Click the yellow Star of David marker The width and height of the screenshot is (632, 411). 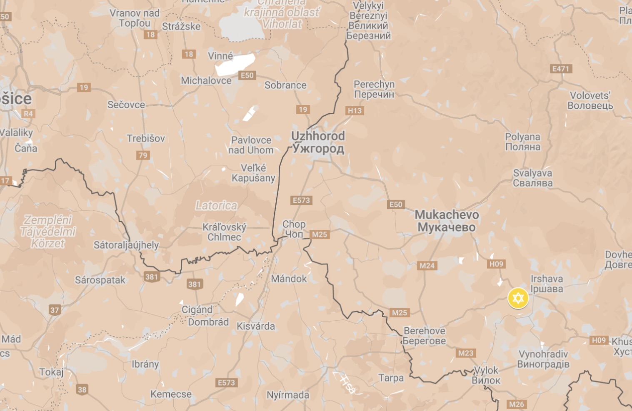[518, 298]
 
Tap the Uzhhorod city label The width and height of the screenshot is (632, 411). [318, 142]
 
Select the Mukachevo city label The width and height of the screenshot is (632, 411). [447, 221]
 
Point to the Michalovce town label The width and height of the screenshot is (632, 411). [206, 80]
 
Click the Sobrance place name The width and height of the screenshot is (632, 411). [285, 85]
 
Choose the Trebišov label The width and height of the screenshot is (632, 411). [146, 138]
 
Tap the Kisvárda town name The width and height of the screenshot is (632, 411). [256, 326]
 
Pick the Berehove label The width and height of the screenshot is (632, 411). [424, 336]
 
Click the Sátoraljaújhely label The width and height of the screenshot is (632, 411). [126, 245]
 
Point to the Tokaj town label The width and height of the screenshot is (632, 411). [51, 372]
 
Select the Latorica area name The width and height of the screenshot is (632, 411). [216, 205]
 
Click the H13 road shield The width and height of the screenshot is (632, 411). [355, 111]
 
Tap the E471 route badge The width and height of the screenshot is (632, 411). [560, 69]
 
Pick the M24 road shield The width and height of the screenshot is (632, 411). [427, 266]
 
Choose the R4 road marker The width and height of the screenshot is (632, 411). [28, 114]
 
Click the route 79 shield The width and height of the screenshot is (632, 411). [143, 155]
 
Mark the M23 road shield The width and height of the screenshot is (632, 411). [465, 353]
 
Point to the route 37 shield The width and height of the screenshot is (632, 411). [55, 310]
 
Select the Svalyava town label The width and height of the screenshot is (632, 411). [532, 178]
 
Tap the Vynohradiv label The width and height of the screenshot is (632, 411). [543, 359]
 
